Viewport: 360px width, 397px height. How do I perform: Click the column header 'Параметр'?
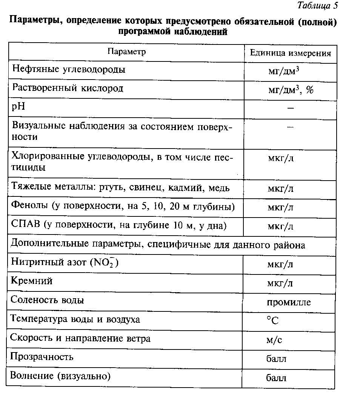coord(126,52)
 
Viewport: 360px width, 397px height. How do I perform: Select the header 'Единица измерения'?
coord(290,53)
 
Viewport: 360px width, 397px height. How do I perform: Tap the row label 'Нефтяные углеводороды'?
coord(69,69)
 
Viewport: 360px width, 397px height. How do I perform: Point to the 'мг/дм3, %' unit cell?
coord(291,90)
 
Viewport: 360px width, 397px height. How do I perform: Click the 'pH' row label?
coord(18,107)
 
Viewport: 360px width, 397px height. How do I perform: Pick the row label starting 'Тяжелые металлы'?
coord(121,187)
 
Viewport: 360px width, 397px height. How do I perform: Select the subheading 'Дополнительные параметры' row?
coord(158,245)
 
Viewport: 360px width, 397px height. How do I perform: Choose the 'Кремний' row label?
coord(31,281)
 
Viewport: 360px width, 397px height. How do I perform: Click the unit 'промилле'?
coord(289,302)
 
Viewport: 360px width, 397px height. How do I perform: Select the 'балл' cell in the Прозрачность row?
coord(276,358)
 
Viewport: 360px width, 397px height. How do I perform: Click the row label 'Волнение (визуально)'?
coord(60,376)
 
